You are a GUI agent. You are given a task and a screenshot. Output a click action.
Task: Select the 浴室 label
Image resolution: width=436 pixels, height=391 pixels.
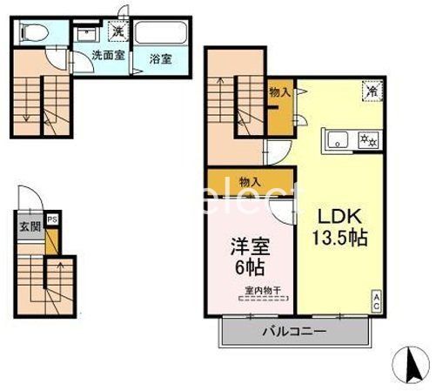pos(159,59)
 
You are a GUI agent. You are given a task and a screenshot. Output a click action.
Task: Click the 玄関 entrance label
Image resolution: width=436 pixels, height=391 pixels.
pos(30,227)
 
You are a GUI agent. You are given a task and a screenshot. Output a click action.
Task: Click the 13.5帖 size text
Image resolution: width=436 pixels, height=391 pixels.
pos(333,237)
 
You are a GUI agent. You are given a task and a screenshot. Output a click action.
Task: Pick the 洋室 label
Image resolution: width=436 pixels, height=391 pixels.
pos(243,247)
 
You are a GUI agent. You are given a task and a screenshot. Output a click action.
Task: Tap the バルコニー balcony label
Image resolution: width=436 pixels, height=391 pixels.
pos(295,332)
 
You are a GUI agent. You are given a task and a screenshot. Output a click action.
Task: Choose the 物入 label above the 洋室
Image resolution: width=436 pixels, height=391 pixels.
pos(250,182)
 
